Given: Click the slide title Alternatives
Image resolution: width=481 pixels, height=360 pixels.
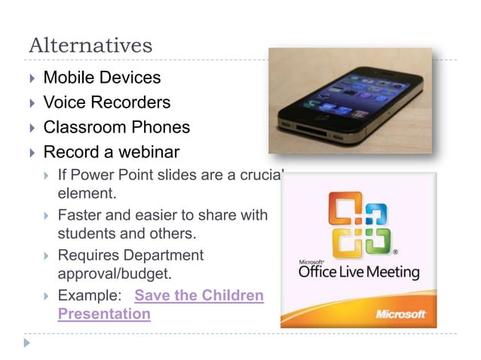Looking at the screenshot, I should (90, 45).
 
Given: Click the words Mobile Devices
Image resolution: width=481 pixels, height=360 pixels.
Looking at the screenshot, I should (102, 77).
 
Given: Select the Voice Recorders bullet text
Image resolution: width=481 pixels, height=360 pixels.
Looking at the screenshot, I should (106, 102).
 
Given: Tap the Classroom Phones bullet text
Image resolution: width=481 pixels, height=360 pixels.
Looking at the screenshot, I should (116, 127).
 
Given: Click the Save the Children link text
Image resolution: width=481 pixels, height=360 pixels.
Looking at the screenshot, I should (199, 294).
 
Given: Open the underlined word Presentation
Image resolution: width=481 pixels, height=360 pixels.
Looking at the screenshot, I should (104, 313).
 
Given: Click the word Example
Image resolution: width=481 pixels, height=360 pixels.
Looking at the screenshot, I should (86, 294).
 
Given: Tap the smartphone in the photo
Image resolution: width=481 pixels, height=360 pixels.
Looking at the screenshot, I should (351, 102).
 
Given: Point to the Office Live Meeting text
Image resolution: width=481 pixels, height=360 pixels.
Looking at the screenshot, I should (359, 271).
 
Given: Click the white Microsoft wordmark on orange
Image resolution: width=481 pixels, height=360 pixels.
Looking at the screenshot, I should (402, 313).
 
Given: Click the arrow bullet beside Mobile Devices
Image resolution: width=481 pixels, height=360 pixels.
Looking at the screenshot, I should (32, 78).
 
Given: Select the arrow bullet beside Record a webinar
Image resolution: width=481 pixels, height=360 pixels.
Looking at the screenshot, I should (32, 153).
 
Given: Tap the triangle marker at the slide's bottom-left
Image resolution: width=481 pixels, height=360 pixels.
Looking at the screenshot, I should (28, 343).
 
